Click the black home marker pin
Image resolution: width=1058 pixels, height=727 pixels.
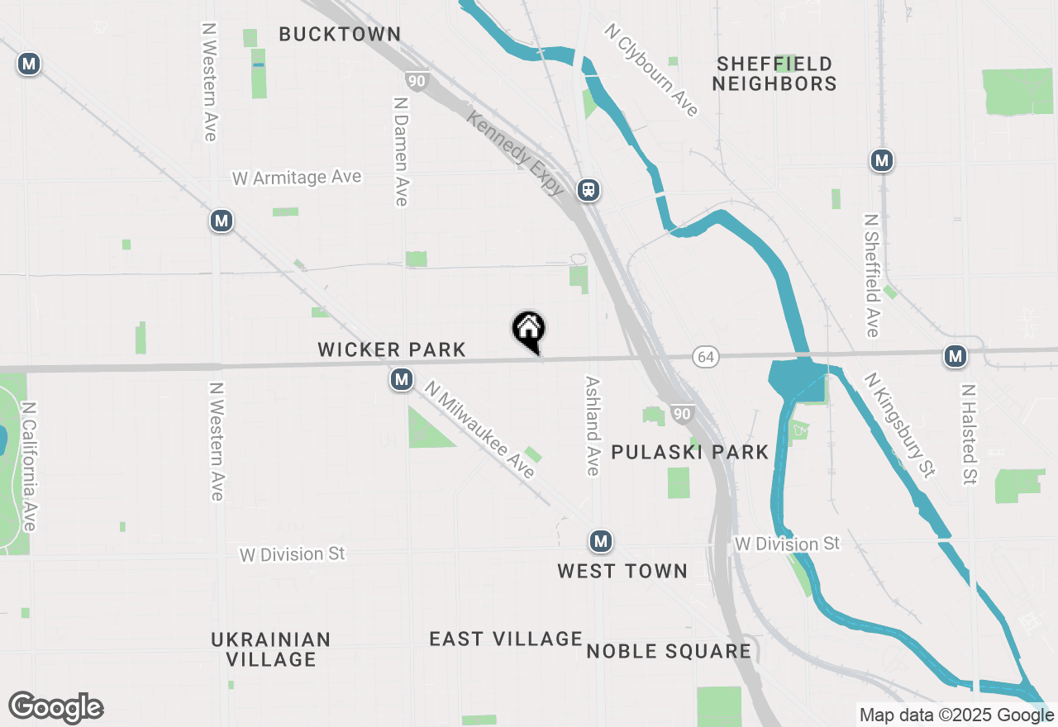[x=529, y=330]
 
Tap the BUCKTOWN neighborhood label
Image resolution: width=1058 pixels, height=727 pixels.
[x=340, y=34]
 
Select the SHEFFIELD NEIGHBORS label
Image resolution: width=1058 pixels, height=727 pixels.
[x=774, y=74]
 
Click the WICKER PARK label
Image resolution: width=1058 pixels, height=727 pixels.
[x=392, y=349]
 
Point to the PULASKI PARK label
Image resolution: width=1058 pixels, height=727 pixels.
[x=690, y=452]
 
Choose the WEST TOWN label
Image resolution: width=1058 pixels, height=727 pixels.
[x=622, y=571]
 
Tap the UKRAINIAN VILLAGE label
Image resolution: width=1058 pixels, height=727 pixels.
[x=271, y=649]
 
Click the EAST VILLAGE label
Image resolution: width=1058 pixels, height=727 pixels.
[x=506, y=639]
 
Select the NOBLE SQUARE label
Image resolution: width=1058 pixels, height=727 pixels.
[x=669, y=651]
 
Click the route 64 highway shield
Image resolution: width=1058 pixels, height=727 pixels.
[x=707, y=357]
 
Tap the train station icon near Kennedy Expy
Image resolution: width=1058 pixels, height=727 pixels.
[x=589, y=190]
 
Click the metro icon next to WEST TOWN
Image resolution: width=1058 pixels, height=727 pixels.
[x=601, y=542]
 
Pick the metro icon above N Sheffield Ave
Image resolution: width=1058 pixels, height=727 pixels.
[x=882, y=160]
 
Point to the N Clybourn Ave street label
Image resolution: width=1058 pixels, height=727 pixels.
[x=651, y=69]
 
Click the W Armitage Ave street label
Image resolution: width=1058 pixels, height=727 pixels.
[x=297, y=178]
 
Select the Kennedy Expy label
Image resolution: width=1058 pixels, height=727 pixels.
[x=515, y=154]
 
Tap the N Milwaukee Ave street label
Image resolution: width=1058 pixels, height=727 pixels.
[x=480, y=430]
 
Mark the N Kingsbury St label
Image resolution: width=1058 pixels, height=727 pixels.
[x=900, y=425]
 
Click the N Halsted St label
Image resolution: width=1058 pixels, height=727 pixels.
[x=969, y=433]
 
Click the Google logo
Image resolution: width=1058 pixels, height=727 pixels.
[x=56, y=708]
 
